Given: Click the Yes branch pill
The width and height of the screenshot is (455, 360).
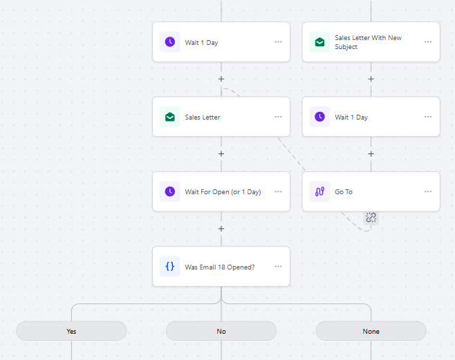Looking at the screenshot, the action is click(x=71, y=331).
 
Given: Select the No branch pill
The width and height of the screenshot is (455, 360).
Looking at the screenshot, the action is click(x=221, y=331).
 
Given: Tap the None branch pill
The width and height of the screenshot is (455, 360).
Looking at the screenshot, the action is click(x=371, y=331).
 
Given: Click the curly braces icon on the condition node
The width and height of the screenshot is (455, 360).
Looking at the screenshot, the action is click(x=170, y=267).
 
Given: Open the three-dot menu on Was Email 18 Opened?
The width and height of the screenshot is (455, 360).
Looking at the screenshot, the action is click(x=278, y=267).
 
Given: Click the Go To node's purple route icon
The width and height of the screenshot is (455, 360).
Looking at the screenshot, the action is click(x=319, y=191).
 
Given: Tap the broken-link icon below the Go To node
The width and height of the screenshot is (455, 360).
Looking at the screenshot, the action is click(x=371, y=218).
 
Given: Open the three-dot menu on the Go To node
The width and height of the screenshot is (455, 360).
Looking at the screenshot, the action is click(x=428, y=191).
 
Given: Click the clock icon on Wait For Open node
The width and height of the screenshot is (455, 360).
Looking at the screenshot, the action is click(x=170, y=191).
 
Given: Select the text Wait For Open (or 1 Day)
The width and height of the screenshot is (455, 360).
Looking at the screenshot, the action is click(x=223, y=192).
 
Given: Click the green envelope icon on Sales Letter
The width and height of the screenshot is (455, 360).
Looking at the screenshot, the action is click(x=170, y=117).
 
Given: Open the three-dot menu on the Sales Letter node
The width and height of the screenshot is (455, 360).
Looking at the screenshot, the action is click(x=278, y=117).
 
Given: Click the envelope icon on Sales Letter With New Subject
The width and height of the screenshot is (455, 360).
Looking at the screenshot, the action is click(x=319, y=42).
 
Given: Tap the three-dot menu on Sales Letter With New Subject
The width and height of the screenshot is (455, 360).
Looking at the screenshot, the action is click(x=428, y=42).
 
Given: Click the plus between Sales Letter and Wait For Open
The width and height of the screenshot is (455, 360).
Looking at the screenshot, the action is click(x=221, y=153).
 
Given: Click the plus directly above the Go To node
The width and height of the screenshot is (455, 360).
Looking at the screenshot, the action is click(x=371, y=153).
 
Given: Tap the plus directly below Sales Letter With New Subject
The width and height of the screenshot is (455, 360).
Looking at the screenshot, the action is click(x=371, y=79).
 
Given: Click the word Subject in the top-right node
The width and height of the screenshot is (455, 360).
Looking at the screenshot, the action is click(x=346, y=47).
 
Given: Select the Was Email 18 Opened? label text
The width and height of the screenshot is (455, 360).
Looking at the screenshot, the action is click(x=220, y=267).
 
